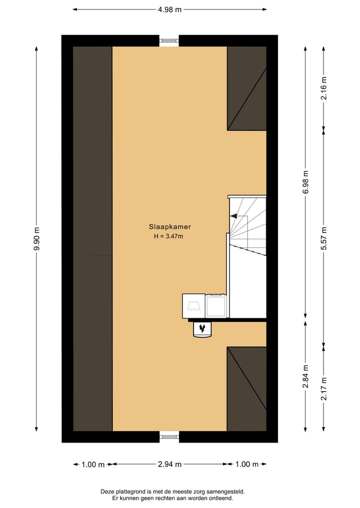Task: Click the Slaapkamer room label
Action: tap(169, 226)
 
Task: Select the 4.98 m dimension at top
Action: tap(169, 9)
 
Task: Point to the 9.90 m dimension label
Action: tap(36, 239)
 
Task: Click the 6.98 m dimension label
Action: tap(305, 182)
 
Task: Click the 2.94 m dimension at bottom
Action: tap(169, 464)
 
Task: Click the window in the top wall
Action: tap(169, 40)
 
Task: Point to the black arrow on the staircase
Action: tap(233, 216)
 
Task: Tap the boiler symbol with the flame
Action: tap(202, 329)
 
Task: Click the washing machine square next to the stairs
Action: tap(216, 306)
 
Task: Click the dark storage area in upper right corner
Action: tap(246, 88)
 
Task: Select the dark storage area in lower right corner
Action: tap(246, 389)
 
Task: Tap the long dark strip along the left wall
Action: tap(92, 239)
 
